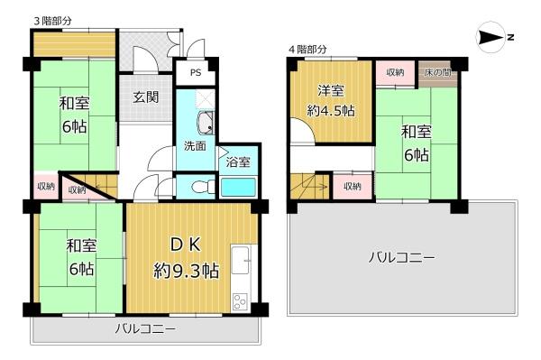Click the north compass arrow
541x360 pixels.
(491, 37)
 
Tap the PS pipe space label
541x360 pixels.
(196, 73)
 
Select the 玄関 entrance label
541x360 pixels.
(146, 97)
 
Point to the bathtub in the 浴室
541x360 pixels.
(238, 187)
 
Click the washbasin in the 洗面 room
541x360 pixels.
(205, 124)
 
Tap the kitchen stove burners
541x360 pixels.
(240, 302)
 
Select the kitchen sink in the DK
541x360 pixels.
(240, 260)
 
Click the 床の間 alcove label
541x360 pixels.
(438, 73)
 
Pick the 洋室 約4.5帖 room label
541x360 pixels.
(331, 101)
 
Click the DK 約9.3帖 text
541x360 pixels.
(186, 258)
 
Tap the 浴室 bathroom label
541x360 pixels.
(238, 162)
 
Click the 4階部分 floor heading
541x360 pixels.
(307, 50)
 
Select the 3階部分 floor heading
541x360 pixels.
(53, 21)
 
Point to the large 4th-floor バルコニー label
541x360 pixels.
(401, 258)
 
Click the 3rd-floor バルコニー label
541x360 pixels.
(145, 328)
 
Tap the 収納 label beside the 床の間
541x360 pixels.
(395, 72)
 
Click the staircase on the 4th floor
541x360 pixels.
(310, 187)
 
